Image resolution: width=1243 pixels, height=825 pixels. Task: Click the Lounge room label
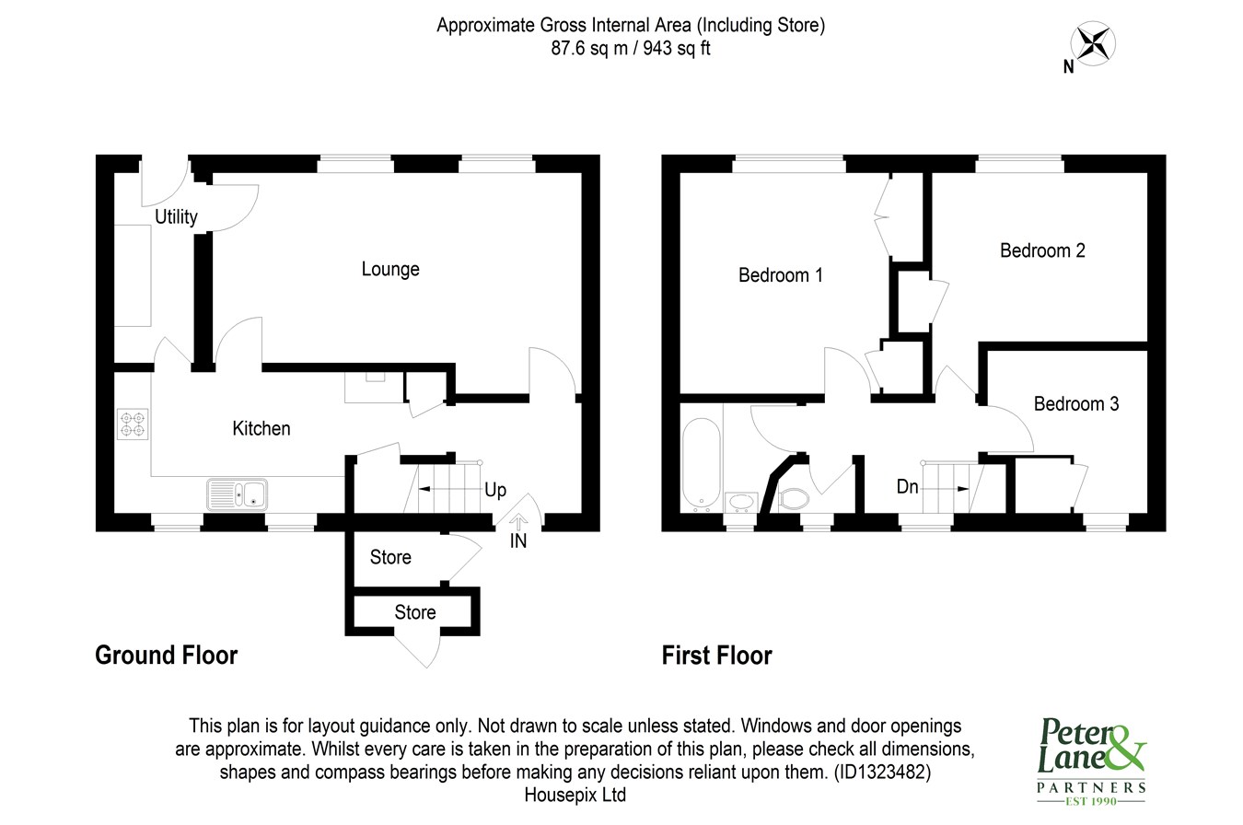click(x=390, y=269)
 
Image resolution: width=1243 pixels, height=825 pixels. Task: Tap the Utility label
click(x=176, y=216)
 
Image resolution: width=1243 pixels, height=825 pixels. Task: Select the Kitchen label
click(x=261, y=428)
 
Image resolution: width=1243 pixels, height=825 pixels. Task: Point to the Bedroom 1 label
click(x=780, y=275)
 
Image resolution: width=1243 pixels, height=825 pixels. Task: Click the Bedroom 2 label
click(x=1042, y=250)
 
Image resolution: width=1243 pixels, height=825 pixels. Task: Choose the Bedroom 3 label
click(x=1076, y=404)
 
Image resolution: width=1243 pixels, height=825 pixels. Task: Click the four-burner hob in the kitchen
click(x=133, y=424)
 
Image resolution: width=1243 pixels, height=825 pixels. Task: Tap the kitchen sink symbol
click(x=237, y=494)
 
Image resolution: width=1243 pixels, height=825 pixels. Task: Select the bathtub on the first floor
click(x=701, y=465)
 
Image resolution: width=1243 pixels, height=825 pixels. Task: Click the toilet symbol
click(x=793, y=499)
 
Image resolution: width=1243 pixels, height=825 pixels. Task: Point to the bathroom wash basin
click(x=741, y=502)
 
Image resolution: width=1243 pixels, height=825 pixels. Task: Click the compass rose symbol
click(x=1093, y=43)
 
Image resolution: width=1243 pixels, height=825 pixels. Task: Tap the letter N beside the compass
click(x=1069, y=67)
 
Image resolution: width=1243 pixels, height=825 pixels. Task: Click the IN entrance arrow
click(x=518, y=521)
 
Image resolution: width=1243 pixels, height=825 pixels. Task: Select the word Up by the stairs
click(x=495, y=491)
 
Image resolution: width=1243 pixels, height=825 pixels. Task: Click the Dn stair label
click(x=907, y=487)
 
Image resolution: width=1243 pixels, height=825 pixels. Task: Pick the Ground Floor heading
click(x=167, y=656)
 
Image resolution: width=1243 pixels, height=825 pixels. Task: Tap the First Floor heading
click(x=716, y=656)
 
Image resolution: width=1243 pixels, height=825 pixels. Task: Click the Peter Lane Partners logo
click(x=1091, y=761)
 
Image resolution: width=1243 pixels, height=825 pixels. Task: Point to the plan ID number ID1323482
click(x=882, y=773)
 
